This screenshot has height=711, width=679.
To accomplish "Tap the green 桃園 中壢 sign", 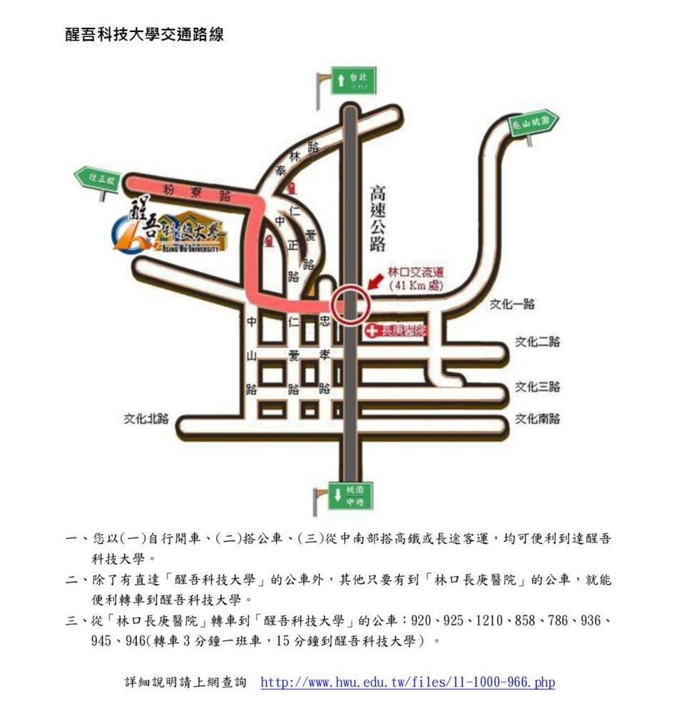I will pyautogui.click(x=350, y=495).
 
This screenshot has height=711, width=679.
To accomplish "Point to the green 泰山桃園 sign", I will pyautogui.click(x=532, y=123).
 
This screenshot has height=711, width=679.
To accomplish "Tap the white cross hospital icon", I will pyautogui.click(x=372, y=331).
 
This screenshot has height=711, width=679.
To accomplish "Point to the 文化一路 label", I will pyautogui.click(x=512, y=304).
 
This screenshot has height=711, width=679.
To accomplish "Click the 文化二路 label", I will pyautogui.click(x=538, y=341).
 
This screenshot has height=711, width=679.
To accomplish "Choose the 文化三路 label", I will pyautogui.click(x=538, y=387).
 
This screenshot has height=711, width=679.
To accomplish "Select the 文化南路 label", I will pyautogui.click(x=538, y=418).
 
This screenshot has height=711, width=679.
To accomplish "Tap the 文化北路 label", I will pyautogui.click(x=145, y=418).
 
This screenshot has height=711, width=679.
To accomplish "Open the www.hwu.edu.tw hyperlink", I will pyautogui.click(x=407, y=682).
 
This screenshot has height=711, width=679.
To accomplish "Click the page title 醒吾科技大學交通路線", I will pyautogui.click(x=145, y=34).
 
